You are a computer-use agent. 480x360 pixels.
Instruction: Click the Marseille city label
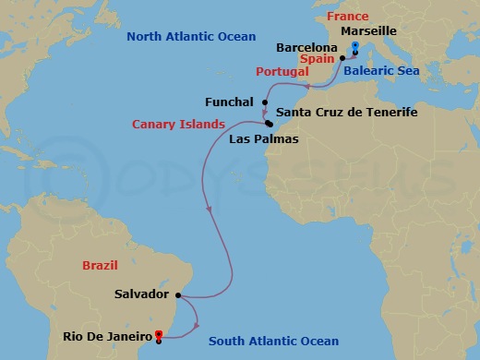[x=368, y=30]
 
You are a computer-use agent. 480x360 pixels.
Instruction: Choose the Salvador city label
[x=141, y=294]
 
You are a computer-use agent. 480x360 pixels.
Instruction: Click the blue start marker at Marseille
[x=355, y=46]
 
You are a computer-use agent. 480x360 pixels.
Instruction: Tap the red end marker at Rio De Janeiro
[x=160, y=334]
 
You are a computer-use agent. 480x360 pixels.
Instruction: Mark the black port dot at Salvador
[x=178, y=295]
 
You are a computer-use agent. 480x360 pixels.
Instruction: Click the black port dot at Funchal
[x=265, y=102]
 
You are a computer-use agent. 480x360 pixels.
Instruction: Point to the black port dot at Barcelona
[x=342, y=57]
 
